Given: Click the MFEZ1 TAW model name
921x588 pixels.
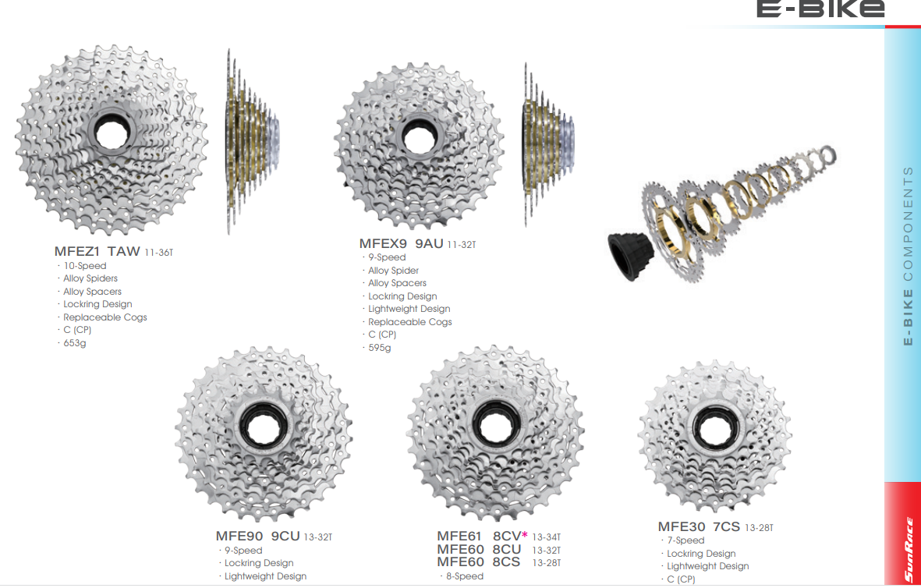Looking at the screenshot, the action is tap(97, 251).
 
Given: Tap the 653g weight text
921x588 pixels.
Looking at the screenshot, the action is tap(75, 343).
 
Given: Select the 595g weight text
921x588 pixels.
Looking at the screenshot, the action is tap(380, 348).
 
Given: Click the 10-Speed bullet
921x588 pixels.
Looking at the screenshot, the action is tap(84, 265).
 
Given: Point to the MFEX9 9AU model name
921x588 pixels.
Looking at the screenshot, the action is tap(401, 244).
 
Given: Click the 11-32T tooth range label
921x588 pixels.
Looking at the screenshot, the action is tap(461, 244).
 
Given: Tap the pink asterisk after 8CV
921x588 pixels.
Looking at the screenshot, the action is tap(525, 534).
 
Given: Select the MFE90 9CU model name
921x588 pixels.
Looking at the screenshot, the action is tap(257, 537).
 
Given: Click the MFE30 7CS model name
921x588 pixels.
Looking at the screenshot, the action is tap(699, 527).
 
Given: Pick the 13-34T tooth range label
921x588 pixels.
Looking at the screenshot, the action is tap(546, 537).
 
